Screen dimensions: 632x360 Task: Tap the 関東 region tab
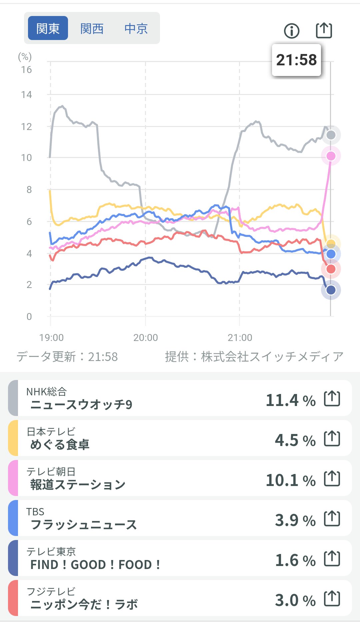(x=48, y=28)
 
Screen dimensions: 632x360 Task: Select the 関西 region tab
(x=92, y=28)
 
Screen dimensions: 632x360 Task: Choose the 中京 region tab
(x=136, y=28)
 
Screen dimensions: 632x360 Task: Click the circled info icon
(x=292, y=31)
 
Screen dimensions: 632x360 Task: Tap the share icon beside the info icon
(x=324, y=30)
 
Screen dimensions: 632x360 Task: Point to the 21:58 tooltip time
(x=296, y=60)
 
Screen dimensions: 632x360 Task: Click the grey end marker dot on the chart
(x=331, y=135)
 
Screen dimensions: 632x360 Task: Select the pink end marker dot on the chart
(x=331, y=156)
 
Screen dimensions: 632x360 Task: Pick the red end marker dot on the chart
(x=331, y=269)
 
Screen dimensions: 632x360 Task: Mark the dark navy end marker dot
(x=331, y=290)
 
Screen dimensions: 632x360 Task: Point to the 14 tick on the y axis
(x=26, y=95)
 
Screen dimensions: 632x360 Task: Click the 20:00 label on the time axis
(x=145, y=337)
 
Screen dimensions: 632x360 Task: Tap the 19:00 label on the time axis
(x=51, y=337)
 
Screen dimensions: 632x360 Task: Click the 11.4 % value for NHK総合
(x=290, y=400)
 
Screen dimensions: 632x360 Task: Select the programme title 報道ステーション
(x=78, y=485)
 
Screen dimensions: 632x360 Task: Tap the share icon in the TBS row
(x=332, y=518)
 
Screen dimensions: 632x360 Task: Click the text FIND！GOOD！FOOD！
(x=95, y=565)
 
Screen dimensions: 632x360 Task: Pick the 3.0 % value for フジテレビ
(x=295, y=600)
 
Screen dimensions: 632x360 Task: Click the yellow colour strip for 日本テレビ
(x=13, y=438)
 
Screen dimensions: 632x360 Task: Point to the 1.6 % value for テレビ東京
(x=295, y=560)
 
